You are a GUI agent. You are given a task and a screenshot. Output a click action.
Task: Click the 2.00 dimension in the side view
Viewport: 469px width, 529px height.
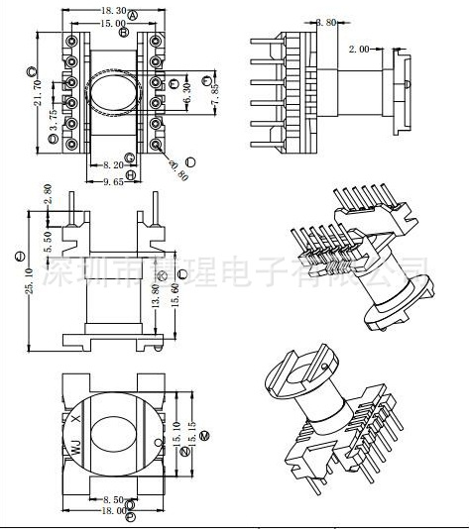(x=360, y=48)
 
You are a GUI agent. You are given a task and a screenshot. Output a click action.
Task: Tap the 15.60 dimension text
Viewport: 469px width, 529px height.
(x=176, y=295)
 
